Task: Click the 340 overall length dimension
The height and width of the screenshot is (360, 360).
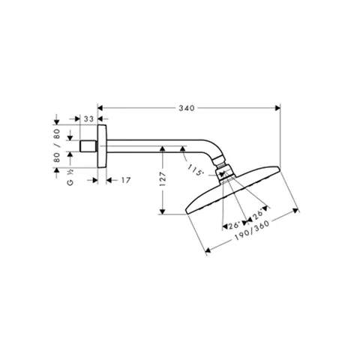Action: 187,108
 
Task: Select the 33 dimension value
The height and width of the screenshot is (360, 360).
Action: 88,119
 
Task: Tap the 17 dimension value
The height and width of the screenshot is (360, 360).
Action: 126,180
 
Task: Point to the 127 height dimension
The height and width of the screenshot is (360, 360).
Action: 163,178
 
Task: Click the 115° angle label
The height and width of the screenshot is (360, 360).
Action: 195,170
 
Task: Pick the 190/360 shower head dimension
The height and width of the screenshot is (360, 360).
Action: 252,231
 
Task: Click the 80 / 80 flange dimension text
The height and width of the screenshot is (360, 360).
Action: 57,145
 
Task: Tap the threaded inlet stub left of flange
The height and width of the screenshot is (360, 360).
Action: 88,146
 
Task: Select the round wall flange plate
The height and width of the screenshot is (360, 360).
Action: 102,146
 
